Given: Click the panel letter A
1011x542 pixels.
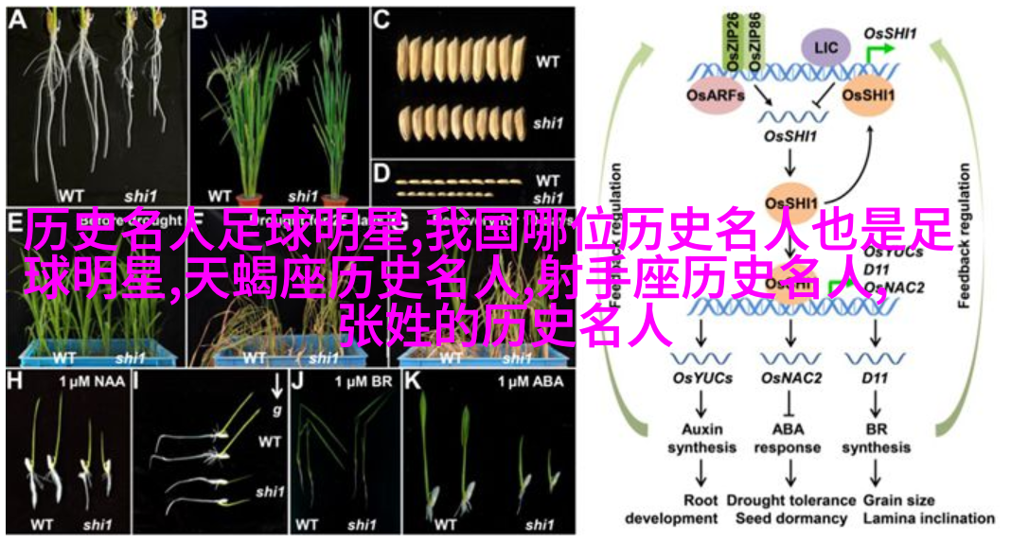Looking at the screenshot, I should tap(17, 19).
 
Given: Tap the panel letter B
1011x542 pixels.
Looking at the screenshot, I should tap(200, 19).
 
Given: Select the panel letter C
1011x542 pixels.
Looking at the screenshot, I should tap(381, 20).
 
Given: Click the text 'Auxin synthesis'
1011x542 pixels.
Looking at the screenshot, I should tap(701, 438).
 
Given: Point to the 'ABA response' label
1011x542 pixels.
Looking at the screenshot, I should tap(789, 438).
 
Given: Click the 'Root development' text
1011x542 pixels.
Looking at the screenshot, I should tap(701, 509).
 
